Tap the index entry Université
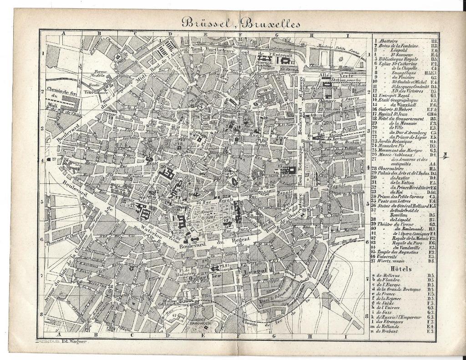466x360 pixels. [390, 257]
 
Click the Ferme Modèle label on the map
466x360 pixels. [101, 74]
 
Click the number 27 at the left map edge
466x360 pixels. [53, 159]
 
